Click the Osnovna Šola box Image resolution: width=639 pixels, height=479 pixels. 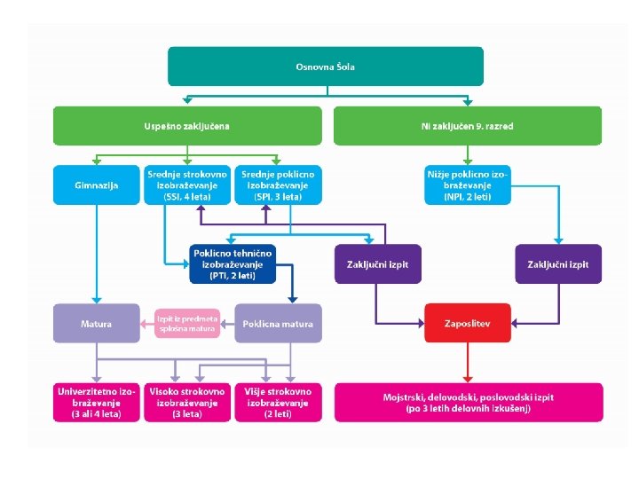tap(326, 67)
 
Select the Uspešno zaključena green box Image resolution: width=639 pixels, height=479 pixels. tap(186, 126)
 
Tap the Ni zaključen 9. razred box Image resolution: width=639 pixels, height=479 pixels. tap(467, 126)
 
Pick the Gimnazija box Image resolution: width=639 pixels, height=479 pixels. tap(97, 185)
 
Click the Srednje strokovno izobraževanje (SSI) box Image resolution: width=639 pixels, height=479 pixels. tap(186, 185)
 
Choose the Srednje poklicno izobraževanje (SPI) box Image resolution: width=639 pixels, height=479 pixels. tap(278, 185)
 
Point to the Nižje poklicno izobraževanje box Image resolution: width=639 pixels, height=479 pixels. tap(467, 185)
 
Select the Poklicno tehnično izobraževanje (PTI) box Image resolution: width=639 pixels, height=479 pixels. tap(233, 263)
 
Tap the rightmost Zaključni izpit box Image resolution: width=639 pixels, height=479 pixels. tap(558, 263)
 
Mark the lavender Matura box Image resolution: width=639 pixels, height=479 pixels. tap(97, 323)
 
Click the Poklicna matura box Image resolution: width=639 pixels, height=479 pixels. tap(278, 323)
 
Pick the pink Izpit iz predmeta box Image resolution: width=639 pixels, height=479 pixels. tap(186, 323)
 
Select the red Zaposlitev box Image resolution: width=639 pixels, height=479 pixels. tap(467, 323)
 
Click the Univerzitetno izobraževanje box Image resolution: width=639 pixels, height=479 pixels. tap(97, 402)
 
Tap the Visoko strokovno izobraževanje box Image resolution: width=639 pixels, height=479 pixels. tap(186, 402)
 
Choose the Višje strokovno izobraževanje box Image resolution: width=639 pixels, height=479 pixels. tap(278, 402)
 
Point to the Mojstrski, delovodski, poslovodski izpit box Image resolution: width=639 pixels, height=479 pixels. tap(467, 402)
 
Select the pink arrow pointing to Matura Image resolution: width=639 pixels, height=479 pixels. tap(147, 323)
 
